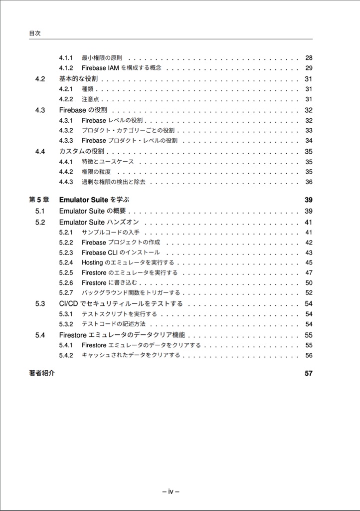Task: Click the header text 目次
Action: point(34,33)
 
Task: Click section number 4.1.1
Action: point(66,58)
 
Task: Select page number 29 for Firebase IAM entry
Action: point(309,68)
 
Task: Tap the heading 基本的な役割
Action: point(78,79)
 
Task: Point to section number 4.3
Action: point(40,110)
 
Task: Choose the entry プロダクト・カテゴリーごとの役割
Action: point(128,131)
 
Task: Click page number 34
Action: point(309,141)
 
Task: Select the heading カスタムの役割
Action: point(81,151)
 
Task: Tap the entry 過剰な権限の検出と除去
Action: point(113,182)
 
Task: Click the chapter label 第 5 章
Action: point(39,200)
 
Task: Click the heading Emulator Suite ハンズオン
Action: point(99,222)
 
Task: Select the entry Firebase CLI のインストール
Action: point(121,253)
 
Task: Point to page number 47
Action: point(309,272)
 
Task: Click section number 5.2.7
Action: point(66,293)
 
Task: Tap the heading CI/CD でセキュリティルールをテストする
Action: point(121,303)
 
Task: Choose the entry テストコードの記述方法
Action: point(113,324)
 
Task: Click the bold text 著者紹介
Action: point(42,373)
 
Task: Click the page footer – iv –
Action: point(171,491)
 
